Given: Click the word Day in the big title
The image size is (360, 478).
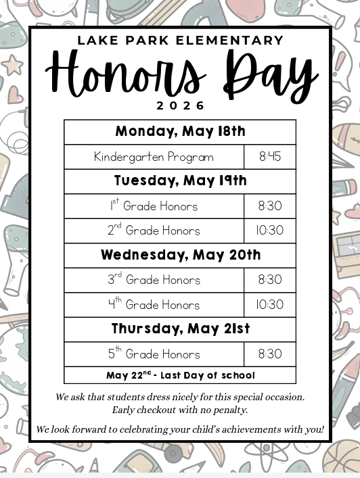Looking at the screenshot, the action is coord(271,73).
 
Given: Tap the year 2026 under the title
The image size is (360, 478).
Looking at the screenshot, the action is coord(180,105).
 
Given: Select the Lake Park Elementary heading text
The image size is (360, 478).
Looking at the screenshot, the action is coord(180,41).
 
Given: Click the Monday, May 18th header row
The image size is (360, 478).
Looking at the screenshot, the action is coord(180,132).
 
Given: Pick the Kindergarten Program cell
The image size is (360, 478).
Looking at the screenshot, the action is coord(154,157).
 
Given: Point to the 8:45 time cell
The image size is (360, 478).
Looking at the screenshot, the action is coord(269,157).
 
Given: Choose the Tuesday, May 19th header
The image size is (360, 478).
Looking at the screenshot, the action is coord(180,181).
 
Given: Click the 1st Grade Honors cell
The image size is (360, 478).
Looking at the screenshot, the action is coord(154,206).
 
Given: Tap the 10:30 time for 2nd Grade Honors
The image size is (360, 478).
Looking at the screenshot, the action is coord(269,231).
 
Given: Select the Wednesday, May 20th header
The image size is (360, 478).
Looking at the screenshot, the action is coord(180,256).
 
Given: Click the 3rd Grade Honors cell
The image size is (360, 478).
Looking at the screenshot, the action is coord(154,280).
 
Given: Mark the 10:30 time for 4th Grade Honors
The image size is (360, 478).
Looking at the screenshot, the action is coord(269,305).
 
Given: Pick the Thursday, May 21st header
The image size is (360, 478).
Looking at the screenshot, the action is coord(180,329).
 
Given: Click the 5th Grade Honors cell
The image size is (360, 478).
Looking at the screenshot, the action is coord(154,354).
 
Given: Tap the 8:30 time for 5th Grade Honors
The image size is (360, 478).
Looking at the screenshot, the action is coord(269,354).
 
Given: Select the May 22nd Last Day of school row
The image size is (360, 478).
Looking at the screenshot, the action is coord(180,375).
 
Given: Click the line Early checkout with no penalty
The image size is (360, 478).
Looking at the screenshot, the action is coord(180,410).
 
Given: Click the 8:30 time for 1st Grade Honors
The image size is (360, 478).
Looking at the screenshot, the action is coord(269,206).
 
